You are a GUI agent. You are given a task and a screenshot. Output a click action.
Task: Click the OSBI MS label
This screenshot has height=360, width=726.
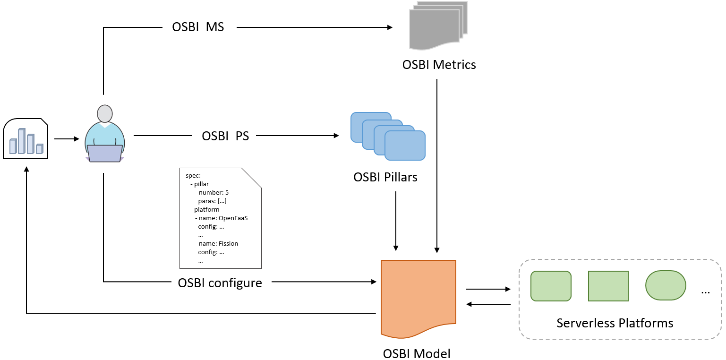pyautogui.click(x=198, y=27)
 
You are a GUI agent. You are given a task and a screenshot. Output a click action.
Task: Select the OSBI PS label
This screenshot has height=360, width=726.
pyautogui.click(x=225, y=136)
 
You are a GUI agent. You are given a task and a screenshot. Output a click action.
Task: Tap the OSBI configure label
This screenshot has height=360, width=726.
pyautogui.click(x=220, y=283)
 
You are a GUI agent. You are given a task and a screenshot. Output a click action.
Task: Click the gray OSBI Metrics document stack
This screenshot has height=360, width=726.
pyautogui.click(x=437, y=26)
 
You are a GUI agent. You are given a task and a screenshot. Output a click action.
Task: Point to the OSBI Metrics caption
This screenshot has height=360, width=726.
pyautogui.click(x=439, y=65)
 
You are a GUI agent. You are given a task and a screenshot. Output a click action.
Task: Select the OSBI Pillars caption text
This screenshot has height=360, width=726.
pyautogui.click(x=385, y=177)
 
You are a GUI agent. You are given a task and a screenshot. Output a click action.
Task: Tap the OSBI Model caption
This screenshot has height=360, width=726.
pyautogui.click(x=417, y=353)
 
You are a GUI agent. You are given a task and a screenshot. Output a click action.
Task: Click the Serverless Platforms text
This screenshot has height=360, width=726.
pyautogui.click(x=615, y=323)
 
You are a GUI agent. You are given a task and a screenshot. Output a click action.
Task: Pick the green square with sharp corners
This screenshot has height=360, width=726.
pyautogui.click(x=608, y=286)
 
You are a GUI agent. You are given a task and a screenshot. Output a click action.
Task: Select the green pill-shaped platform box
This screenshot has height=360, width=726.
pyautogui.click(x=666, y=285)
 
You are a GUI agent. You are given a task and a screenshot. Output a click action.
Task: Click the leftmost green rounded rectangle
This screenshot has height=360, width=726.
pyautogui.click(x=551, y=286)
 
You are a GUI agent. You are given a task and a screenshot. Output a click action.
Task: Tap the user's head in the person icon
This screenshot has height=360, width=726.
pyautogui.click(x=104, y=113)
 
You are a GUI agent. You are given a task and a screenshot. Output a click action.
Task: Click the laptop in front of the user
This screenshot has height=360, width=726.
pyautogui.click(x=105, y=154)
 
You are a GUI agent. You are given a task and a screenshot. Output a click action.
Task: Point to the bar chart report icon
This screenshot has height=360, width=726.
pyautogui.click(x=26, y=139)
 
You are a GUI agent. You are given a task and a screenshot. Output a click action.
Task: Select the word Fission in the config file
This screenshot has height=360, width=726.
pyautogui.click(x=228, y=243)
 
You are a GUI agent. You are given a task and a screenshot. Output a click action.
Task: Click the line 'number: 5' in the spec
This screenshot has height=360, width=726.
pyautogui.click(x=214, y=193)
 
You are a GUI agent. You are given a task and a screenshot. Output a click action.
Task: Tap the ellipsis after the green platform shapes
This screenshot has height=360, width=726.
pyautogui.click(x=705, y=291)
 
